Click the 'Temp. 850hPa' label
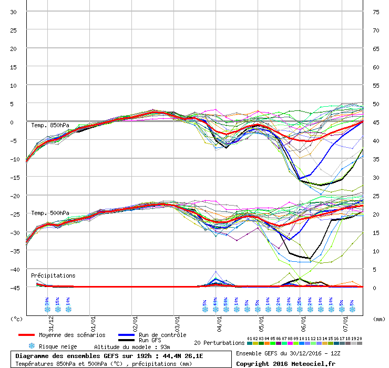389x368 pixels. pos(50,125)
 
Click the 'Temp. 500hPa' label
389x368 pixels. pos(50,213)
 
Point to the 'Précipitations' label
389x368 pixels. pos(53,275)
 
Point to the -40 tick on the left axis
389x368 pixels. pos(13,269)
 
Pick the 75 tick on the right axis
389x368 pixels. pos(376,12)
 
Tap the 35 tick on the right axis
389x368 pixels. pos(376,159)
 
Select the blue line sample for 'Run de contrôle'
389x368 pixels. pos(126,335)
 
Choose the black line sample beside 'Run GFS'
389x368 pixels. pos(126,341)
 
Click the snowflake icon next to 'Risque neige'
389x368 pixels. pos(32,346)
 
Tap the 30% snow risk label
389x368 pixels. pos(47,302)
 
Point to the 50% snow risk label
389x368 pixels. pos(226,302)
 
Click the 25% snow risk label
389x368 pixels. pos(300,302)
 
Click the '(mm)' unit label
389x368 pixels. pos(378,319)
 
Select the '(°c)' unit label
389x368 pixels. pos(17,319)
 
